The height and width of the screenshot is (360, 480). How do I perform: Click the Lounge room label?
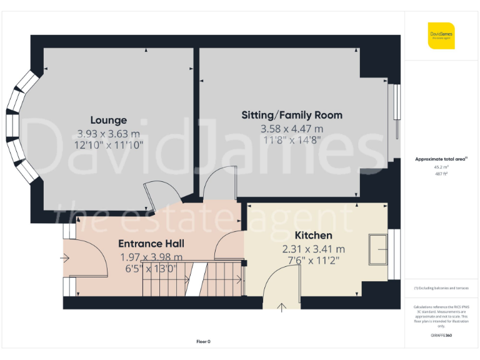108,120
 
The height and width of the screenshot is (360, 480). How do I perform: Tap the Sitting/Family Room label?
292,115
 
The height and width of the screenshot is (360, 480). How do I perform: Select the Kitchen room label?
313,236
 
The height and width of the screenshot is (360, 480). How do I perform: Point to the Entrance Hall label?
151,243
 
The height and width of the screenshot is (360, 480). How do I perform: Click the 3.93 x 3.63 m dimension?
108,133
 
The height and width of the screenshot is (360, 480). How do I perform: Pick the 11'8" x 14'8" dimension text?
292,141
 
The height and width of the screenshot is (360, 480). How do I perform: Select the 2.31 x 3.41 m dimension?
313,249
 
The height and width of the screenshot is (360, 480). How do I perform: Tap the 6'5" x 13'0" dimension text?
151,269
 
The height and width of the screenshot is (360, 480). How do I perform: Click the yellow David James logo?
441,36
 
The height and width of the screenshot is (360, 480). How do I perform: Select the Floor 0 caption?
204,341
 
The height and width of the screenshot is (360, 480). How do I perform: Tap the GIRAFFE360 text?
441,336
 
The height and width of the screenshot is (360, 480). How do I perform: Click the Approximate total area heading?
441,159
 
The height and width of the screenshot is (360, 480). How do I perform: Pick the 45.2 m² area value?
441,167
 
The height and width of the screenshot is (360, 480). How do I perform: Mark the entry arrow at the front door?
66,257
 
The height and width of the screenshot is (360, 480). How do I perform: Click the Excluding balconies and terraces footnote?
441,287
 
